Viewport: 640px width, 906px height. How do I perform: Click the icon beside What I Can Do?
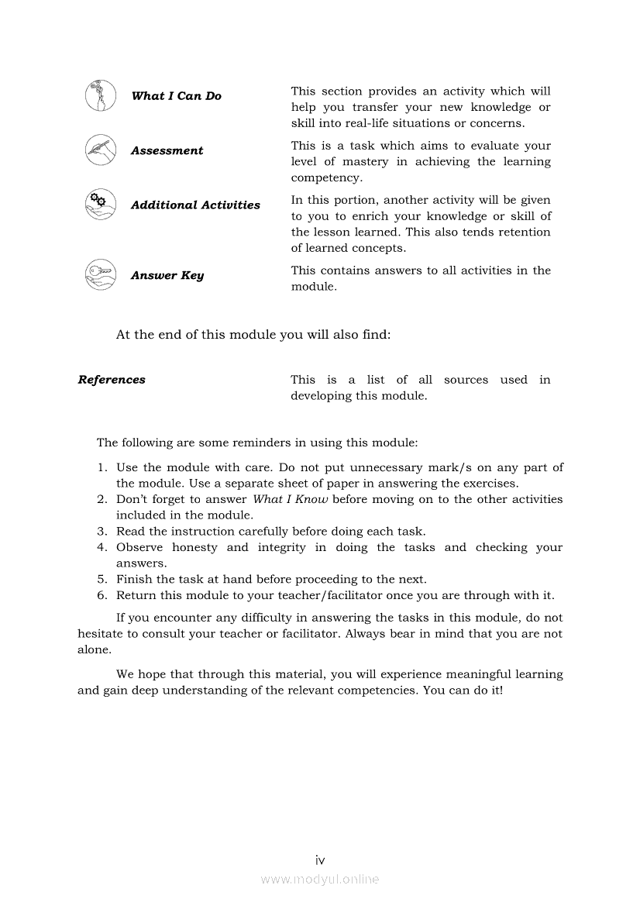[100, 95]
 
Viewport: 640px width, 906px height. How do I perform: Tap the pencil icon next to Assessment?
[100, 150]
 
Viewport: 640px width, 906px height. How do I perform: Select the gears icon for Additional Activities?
[100, 204]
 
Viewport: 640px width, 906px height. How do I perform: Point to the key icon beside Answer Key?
[100, 274]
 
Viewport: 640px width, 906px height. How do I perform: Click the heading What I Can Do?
[176, 96]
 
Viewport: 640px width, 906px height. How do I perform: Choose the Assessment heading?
[167, 151]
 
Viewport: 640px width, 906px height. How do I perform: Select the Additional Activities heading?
[195, 205]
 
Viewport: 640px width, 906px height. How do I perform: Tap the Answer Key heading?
[167, 276]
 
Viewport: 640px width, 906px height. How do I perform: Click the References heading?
[112, 380]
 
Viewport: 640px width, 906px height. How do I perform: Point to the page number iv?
[320, 860]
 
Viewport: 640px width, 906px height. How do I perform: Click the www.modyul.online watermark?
[320, 879]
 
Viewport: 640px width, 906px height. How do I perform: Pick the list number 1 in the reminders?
[102, 467]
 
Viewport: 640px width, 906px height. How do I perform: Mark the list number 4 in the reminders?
[102, 548]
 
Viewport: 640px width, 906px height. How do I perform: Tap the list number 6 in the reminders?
[102, 596]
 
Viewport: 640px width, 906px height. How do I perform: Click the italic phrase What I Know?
[291, 500]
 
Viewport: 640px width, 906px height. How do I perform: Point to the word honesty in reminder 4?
[194, 548]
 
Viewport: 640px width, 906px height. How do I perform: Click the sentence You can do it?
[463, 690]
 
